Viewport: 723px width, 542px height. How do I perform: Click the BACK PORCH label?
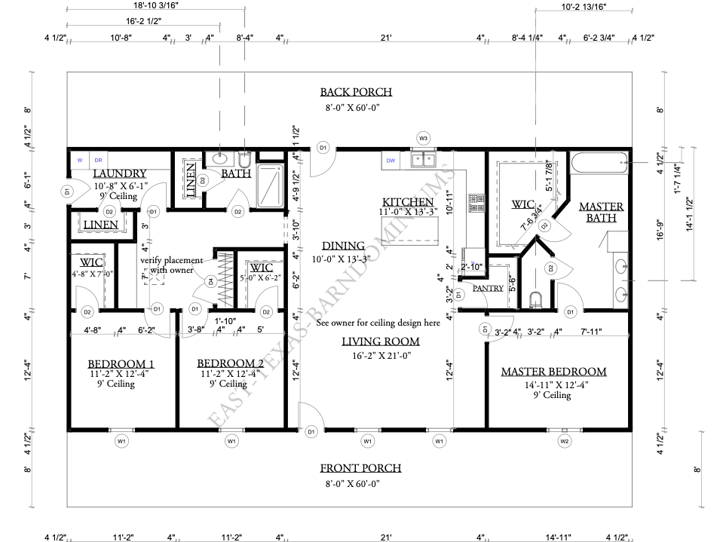(356, 92)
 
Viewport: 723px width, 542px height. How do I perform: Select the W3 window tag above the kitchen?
(424, 139)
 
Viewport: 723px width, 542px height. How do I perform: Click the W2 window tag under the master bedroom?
(565, 440)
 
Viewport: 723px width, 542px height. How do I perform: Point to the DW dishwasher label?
(391, 161)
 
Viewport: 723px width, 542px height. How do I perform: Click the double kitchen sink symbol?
(423, 159)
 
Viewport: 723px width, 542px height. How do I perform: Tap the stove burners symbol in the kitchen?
(476, 202)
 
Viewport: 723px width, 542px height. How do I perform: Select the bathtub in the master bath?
(599, 161)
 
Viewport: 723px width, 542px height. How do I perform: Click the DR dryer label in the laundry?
(98, 160)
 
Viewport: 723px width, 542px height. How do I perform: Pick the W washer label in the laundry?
(79, 160)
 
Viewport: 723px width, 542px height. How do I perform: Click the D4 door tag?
(211, 282)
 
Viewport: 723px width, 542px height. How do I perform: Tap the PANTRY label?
(489, 288)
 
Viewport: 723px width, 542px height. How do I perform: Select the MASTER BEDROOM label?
(553, 372)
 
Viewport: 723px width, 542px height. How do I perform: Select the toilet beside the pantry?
(536, 301)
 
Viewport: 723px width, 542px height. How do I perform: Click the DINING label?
(343, 246)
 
